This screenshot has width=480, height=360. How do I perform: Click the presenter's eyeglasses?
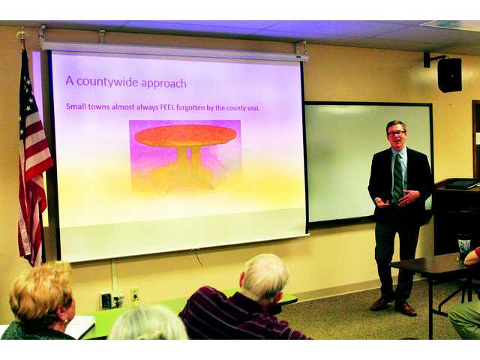395,133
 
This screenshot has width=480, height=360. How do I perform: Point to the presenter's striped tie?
397,177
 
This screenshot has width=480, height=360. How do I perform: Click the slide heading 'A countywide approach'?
125,81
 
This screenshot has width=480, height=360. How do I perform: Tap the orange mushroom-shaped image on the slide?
185,137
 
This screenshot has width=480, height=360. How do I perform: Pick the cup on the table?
464,247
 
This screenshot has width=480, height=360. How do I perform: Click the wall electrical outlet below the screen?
134,295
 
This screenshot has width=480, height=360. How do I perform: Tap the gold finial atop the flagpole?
22,34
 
